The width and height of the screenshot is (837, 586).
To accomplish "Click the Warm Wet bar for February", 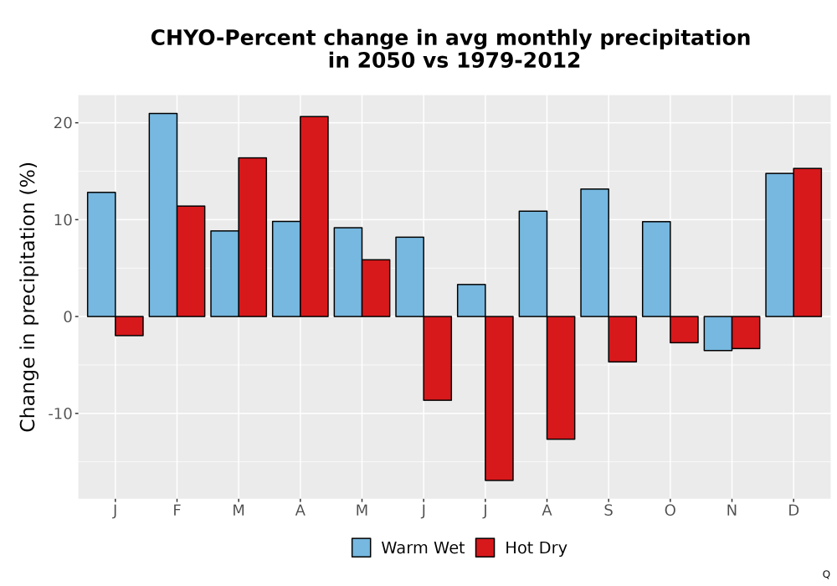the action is coord(163,214).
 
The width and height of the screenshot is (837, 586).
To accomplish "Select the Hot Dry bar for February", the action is coord(191,261).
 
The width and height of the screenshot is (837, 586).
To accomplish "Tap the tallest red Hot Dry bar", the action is coord(314,216).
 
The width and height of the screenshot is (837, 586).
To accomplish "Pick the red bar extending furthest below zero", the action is coord(499,398).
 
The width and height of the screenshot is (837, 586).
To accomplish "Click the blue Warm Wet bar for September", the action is coord(594,253).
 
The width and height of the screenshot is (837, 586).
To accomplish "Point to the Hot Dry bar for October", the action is coord(685,329).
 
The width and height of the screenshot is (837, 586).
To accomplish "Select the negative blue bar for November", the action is coord(718,333).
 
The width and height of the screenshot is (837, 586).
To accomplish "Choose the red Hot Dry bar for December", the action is coord(807,242).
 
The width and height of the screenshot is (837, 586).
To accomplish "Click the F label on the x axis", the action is coord(177,511).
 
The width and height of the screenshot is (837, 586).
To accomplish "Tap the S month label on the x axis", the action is coord(608,511).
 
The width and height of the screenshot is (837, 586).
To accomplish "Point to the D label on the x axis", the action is coord(793,511).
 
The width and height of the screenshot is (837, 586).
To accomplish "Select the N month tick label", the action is coord(732,511).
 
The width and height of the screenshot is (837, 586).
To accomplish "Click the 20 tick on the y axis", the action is coord(63,123).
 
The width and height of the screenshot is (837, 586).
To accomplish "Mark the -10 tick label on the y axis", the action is coord(59,414).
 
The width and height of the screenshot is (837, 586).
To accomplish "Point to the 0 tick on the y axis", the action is coord(68,317).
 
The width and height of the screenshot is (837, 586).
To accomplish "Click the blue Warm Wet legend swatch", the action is coord(362,547).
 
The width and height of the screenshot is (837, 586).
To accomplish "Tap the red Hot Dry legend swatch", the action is coord(485,547).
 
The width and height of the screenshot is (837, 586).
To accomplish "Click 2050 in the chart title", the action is coord(386,60).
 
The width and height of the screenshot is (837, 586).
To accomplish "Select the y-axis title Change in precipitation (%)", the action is coord(28,296).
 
